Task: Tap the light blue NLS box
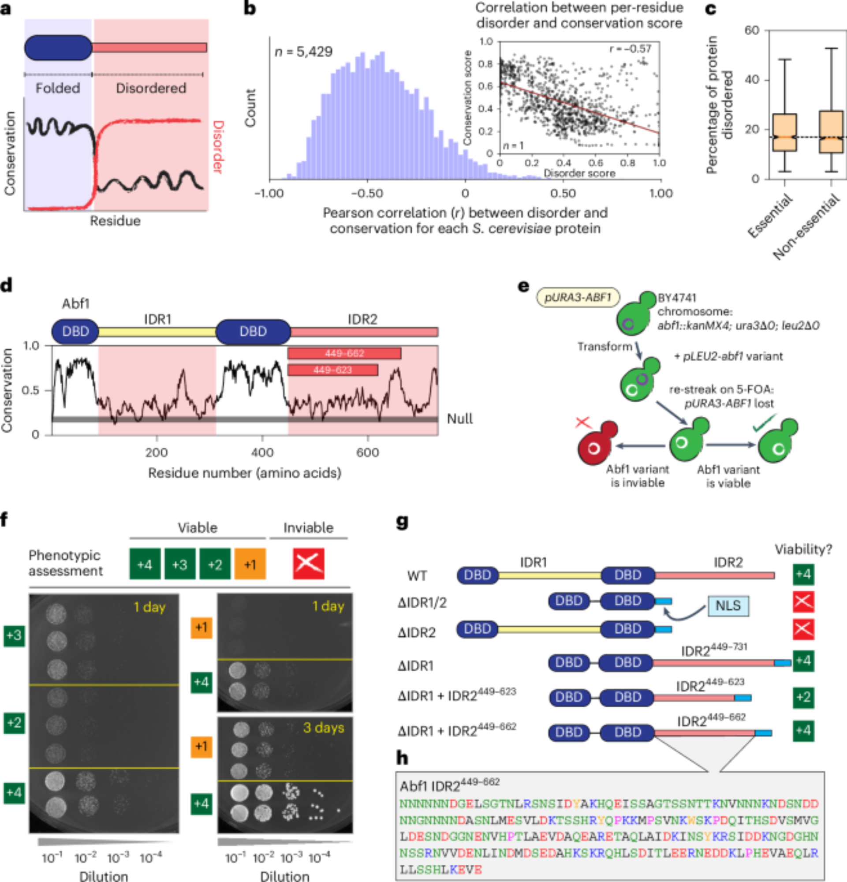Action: click(x=728, y=605)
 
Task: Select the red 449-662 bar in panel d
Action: click(x=344, y=354)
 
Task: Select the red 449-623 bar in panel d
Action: click(x=332, y=370)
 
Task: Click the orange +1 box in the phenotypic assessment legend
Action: click(x=250, y=564)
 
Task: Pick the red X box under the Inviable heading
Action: click(x=309, y=564)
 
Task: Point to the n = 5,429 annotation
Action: click(x=303, y=52)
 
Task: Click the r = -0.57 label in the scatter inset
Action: click(x=630, y=49)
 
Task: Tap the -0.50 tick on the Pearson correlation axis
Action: click(x=366, y=194)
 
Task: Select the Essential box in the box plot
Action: click(x=784, y=133)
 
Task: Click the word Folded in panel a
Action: click(x=58, y=88)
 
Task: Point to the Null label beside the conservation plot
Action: click(x=459, y=419)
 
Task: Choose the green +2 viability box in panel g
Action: click(x=803, y=697)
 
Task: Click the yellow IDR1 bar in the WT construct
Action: click(x=550, y=575)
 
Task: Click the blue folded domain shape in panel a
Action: click(x=58, y=48)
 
